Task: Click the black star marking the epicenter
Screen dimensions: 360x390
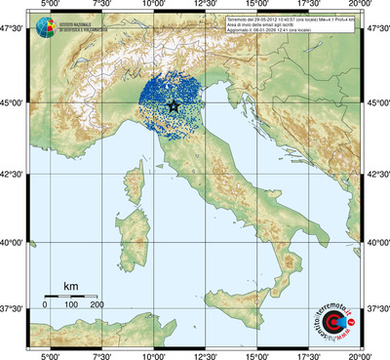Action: coord(174,106)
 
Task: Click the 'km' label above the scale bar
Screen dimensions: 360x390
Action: coord(70,286)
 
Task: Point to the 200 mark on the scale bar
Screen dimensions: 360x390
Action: coord(97,304)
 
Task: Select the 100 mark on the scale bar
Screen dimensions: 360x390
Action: coord(71,304)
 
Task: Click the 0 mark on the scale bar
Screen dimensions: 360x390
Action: coord(45,304)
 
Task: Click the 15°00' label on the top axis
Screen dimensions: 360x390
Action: coord(257,7)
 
